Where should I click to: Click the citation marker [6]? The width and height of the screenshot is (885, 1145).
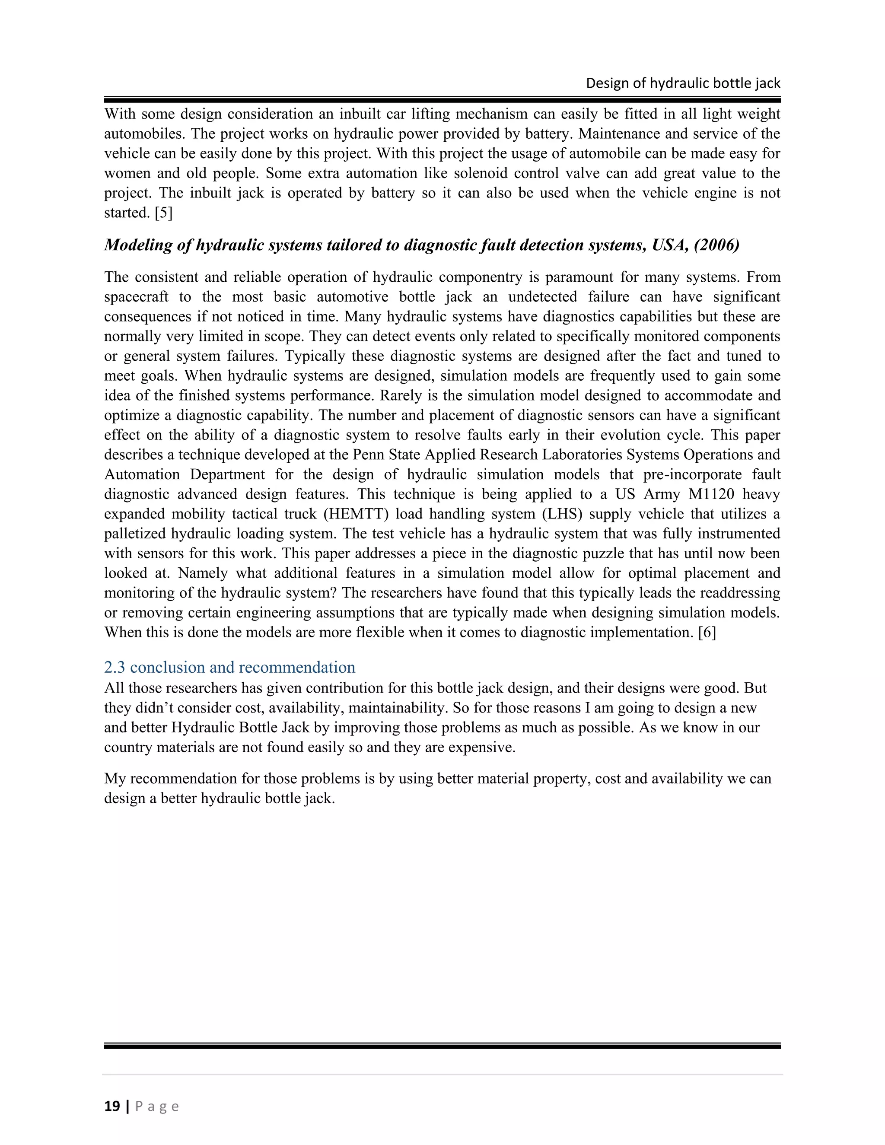pyautogui.click(x=707, y=632)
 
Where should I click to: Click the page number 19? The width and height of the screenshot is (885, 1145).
pyautogui.click(x=112, y=1106)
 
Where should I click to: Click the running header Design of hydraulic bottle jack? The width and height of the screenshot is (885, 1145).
pyautogui.click(x=683, y=83)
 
